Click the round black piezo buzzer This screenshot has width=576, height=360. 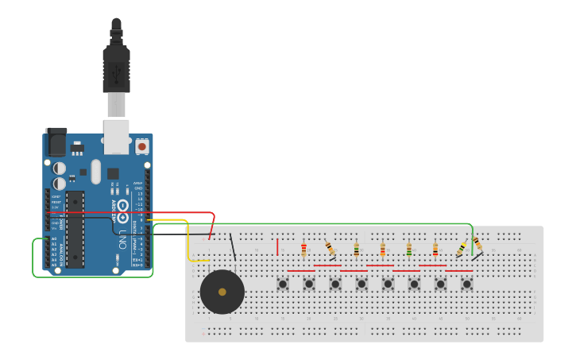pos(222,292)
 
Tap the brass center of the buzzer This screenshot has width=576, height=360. pos(222,292)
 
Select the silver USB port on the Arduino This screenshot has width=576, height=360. pos(116,136)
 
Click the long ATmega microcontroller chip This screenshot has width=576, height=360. pos(75,229)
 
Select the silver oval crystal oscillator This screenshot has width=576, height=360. pos(96,171)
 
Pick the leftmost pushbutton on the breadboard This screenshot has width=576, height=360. pos(282,283)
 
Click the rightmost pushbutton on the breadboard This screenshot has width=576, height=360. pos(466,283)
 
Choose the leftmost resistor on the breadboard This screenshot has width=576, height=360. pos(303,250)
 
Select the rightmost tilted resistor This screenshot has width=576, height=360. pos(477,242)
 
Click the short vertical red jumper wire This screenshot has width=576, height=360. pos(277,246)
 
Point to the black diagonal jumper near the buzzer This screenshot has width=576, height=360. pos(233,246)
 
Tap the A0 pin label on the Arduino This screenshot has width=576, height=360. pos(54,238)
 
